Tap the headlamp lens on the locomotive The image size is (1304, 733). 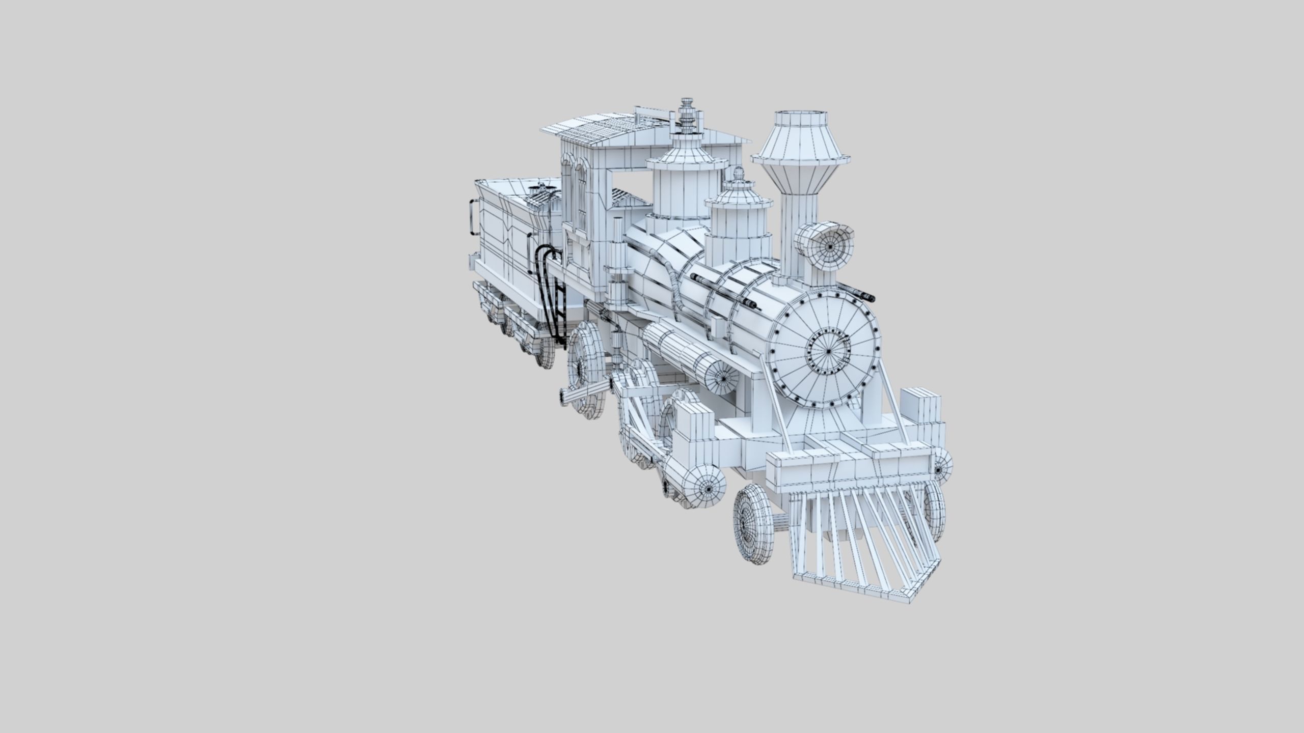pyautogui.click(x=830, y=246)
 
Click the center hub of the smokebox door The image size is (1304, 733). pyautogui.click(x=829, y=351)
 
